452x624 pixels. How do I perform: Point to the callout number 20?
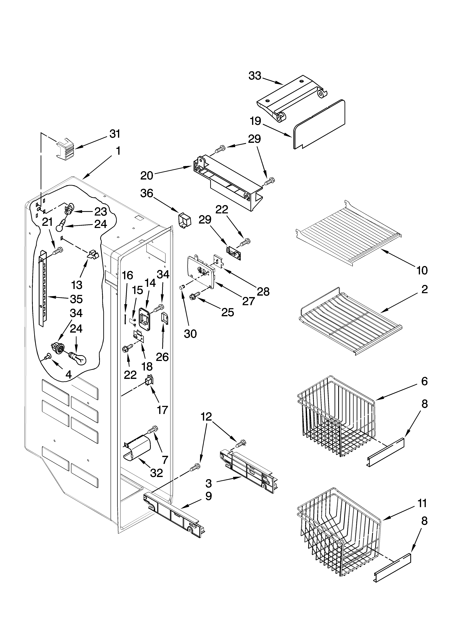click(147, 175)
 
